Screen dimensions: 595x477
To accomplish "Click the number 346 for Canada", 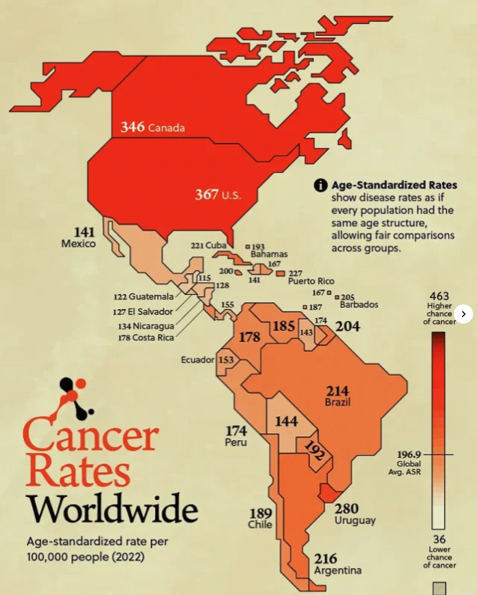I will point(133,127).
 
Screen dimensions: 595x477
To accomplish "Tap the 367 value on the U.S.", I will point(207,195).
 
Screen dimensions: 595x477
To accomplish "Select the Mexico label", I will point(78,244).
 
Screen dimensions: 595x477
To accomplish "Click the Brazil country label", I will point(338,403).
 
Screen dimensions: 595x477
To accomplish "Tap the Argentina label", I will point(338,570).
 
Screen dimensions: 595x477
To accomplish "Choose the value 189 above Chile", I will point(261,513).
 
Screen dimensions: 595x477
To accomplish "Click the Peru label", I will point(237,442).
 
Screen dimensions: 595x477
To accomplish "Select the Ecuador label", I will point(198,360).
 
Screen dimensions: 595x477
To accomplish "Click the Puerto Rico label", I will point(311,281).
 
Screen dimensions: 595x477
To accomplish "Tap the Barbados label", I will point(358,305).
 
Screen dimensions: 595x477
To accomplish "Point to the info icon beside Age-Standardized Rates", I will point(320,186).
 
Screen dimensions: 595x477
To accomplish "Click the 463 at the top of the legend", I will point(439,296).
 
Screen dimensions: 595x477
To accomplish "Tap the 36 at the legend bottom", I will point(439,539).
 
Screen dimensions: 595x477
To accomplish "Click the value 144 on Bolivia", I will point(286,421).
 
